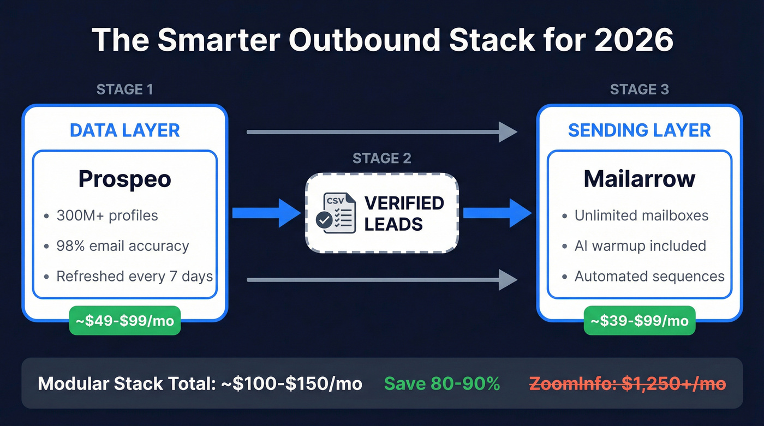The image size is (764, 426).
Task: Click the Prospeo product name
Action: click(x=124, y=179)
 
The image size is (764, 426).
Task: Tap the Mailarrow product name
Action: click(x=639, y=179)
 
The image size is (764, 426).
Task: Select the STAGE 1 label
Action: click(x=124, y=89)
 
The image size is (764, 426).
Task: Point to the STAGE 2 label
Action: click(x=381, y=159)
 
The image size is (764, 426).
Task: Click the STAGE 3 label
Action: click(x=639, y=89)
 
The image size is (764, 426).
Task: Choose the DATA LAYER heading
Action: click(x=124, y=130)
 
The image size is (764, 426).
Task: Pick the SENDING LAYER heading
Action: click(x=639, y=130)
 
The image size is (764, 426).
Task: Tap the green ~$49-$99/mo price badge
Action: click(x=124, y=320)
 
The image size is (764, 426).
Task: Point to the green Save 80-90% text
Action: click(x=442, y=383)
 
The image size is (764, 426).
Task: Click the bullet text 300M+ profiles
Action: click(x=107, y=215)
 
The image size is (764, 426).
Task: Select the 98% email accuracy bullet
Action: click(x=122, y=246)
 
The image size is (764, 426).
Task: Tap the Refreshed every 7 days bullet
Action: click(x=134, y=277)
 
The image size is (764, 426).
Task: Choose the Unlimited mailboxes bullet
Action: click(x=641, y=215)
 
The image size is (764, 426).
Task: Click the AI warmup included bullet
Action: click(x=640, y=246)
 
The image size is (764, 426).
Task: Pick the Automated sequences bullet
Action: click(x=649, y=277)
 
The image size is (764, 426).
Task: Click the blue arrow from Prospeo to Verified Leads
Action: click(x=266, y=213)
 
